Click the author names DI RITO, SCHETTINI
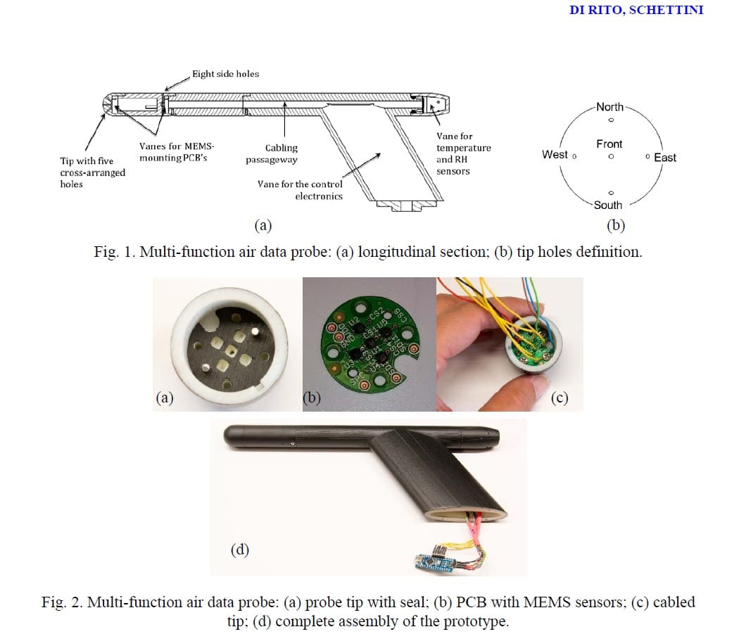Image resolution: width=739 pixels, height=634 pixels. (636, 10)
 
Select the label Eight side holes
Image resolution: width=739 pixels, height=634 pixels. (225, 73)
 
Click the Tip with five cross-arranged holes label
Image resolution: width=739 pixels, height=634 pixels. (92, 172)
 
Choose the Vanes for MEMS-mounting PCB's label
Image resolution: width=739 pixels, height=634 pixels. (177, 152)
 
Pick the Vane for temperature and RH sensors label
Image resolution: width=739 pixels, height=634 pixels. (463, 153)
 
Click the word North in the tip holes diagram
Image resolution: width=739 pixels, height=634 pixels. (609, 107)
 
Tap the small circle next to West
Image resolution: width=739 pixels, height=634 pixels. (575, 156)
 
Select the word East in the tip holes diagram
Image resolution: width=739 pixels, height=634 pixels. (664, 158)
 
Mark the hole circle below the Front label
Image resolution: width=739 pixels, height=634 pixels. (610, 156)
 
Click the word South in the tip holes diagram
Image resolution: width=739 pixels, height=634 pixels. (607, 205)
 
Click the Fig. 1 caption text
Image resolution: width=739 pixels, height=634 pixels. (367, 252)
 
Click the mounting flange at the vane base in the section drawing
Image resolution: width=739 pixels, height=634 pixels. (399, 206)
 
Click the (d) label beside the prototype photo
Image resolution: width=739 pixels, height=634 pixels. (240, 549)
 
